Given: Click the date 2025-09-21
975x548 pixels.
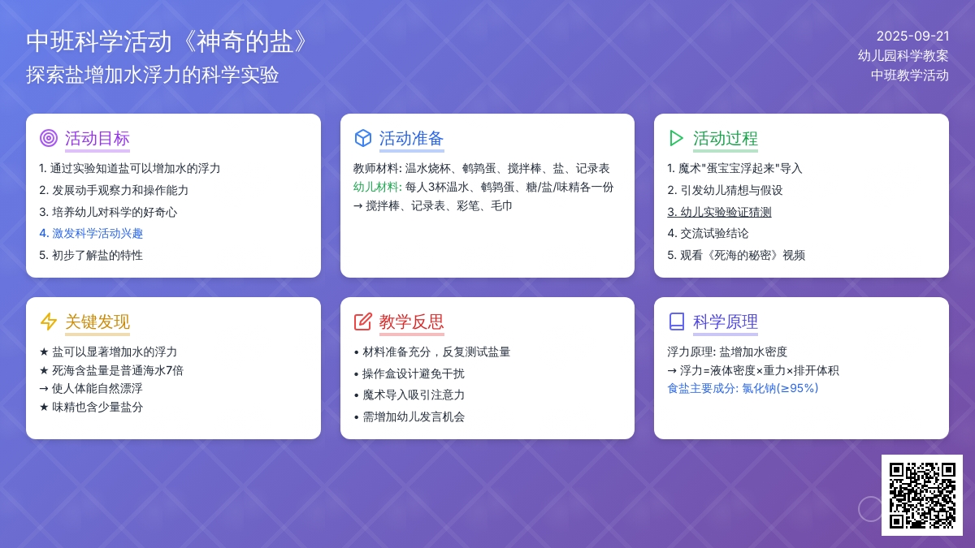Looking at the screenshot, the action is (x=912, y=36).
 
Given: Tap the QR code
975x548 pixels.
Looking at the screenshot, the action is (x=922, y=495).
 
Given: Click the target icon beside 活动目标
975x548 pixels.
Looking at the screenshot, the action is (x=48, y=138).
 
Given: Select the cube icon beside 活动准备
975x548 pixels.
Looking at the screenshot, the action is (x=362, y=138).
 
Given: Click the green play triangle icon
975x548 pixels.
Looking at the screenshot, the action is (x=676, y=138).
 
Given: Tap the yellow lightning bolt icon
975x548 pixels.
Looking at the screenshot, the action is (x=48, y=321).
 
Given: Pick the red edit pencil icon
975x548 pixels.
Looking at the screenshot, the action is (x=362, y=321).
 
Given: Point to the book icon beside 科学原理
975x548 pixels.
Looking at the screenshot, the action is (x=676, y=321).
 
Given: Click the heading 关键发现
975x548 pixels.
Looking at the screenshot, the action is (x=97, y=321).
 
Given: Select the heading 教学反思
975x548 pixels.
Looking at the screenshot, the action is (x=411, y=321).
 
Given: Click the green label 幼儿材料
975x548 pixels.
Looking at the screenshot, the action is (x=377, y=187).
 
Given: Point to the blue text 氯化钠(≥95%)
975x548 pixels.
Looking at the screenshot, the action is (x=780, y=388).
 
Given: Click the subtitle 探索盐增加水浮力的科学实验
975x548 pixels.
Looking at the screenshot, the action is (x=153, y=75).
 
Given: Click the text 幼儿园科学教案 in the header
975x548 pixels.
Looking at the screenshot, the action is (x=903, y=56).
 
